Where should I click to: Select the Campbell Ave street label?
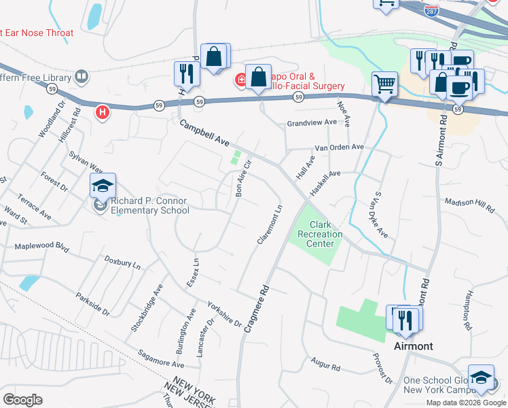coord(204,134)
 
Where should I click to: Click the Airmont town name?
coord(414,346)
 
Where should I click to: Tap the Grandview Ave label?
coord(312,122)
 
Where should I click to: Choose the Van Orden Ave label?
coord(338,147)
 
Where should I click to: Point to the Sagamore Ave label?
coord(142,358)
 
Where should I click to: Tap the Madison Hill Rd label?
coord(469,205)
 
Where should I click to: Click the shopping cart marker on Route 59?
coord(385,86)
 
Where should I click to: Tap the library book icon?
coord(82,76)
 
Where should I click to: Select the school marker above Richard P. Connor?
coord(103,186)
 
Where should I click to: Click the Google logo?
coord(22,400)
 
